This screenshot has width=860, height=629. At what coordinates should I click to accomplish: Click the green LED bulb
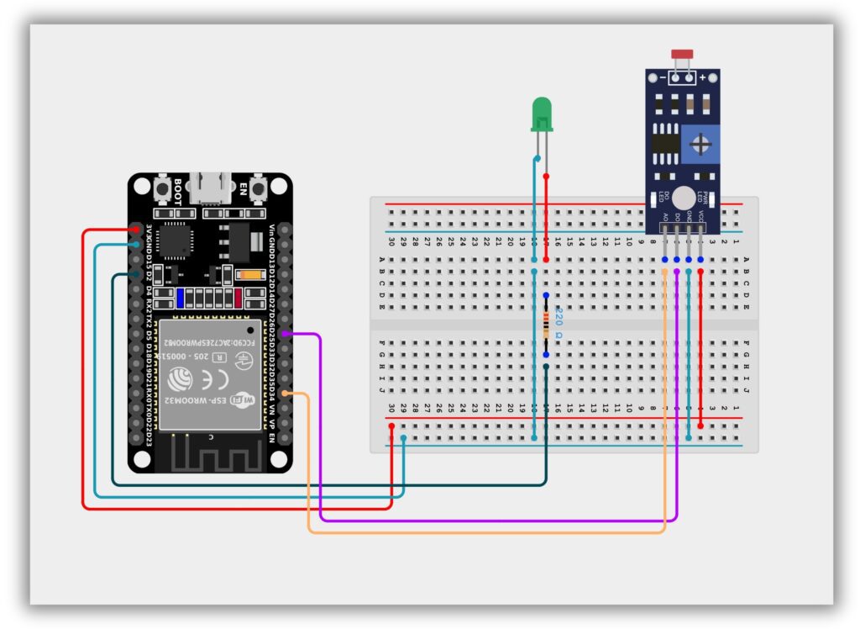click(x=542, y=114)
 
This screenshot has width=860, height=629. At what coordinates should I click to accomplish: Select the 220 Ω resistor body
click(x=546, y=325)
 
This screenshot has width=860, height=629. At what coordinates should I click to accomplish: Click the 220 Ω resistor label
click(x=559, y=324)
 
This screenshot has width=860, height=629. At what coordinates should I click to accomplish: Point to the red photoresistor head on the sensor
click(x=682, y=55)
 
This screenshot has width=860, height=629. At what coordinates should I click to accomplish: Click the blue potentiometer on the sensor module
click(x=699, y=145)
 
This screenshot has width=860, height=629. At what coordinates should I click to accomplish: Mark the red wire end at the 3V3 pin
click(x=137, y=229)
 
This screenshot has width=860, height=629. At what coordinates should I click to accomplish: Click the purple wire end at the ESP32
click(x=286, y=335)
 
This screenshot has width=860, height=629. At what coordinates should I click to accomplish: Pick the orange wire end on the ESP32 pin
click(x=286, y=394)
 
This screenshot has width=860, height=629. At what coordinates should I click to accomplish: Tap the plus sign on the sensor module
click(x=702, y=77)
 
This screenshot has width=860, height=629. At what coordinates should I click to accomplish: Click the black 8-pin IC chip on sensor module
click(x=665, y=140)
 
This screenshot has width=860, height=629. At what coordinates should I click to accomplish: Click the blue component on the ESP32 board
click(x=180, y=298)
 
